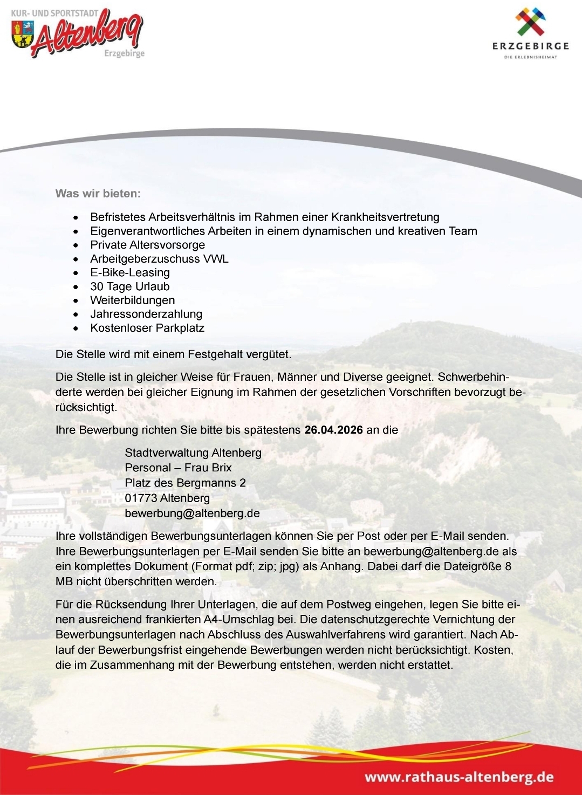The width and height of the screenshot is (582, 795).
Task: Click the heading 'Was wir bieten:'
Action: tap(98, 193)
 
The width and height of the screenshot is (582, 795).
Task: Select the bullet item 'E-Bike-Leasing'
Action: tap(130, 272)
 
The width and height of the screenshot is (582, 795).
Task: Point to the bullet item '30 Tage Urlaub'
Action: tap(130, 286)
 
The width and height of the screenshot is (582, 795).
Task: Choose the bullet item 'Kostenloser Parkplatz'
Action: tap(147, 328)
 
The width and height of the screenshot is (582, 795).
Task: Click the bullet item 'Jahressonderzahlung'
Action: tap(146, 314)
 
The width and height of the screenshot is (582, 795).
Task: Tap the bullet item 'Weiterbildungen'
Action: tap(133, 300)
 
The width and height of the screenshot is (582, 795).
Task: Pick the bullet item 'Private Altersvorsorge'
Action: tap(148, 245)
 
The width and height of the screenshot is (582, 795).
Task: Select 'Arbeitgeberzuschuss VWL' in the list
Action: tap(159, 259)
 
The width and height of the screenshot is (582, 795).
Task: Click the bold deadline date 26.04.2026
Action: tap(333, 430)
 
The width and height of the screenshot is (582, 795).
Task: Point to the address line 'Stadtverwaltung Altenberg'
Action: tap(193, 453)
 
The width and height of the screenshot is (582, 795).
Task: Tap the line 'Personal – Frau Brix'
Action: tap(178, 468)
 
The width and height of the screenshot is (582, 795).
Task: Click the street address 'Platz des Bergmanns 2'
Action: tap(185, 483)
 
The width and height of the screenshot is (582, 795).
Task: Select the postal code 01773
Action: tap(140, 498)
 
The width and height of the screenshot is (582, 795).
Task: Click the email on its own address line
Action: tap(192, 513)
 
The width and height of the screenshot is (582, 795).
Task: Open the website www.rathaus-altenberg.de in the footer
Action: tap(459, 777)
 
